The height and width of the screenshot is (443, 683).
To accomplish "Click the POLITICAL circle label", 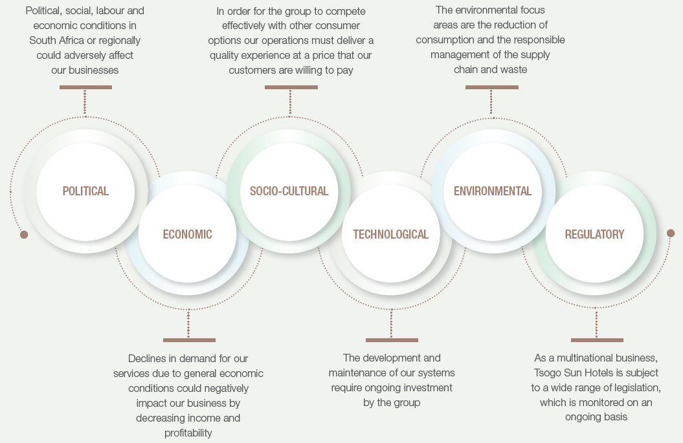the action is click(x=85, y=191).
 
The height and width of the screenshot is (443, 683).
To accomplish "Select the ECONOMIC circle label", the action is click(x=187, y=235).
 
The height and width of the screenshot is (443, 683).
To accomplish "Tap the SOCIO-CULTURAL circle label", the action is click(x=289, y=191).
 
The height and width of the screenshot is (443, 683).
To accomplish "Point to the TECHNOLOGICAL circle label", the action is click(x=391, y=235).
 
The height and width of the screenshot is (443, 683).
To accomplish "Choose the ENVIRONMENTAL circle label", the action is click(x=493, y=191).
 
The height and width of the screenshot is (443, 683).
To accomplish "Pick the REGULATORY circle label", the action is click(x=594, y=235).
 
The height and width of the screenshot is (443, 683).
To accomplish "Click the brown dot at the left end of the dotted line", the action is click(x=24, y=235).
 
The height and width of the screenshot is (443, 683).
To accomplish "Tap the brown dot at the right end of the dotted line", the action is click(x=671, y=233).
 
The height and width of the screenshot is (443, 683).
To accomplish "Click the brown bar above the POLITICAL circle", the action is click(x=85, y=87).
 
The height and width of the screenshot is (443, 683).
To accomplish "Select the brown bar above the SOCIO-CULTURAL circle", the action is click(x=291, y=87).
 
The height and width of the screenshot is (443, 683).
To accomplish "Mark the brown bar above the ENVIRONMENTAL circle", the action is click(x=492, y=87).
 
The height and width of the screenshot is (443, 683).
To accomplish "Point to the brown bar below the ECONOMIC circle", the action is click(x=189, y=340).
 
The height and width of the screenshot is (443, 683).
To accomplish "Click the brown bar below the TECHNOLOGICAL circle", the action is click(x=392, y=340).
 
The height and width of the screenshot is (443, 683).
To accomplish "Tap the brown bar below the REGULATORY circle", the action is click(x=597, y=340).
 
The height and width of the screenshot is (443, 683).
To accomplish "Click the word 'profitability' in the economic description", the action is click(x=188, y=433).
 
